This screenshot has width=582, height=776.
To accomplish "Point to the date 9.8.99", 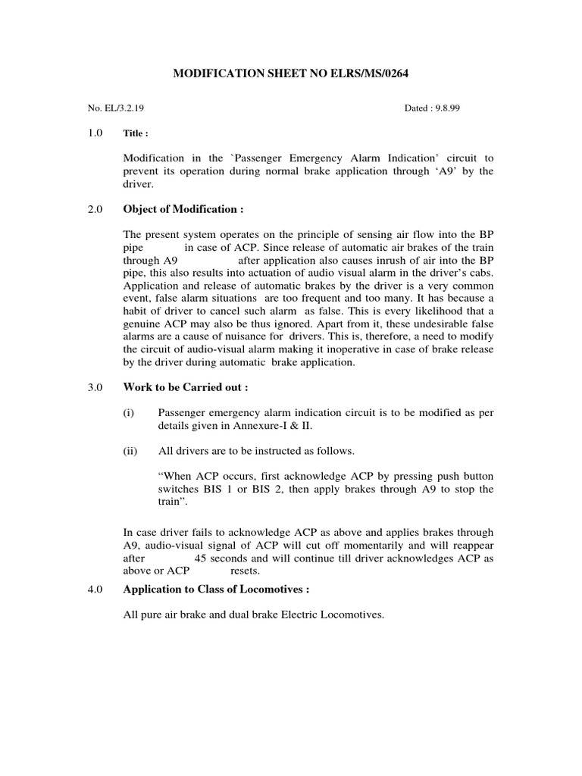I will click(x=445, y=108).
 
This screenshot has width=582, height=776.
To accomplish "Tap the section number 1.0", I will click(x=95, y=133).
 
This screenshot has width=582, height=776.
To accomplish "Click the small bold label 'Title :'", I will click(x=136, y=133).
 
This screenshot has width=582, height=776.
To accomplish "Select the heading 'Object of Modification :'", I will click(x=183, y=209).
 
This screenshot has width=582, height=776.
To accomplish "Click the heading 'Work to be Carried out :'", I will click(x=185, y=387).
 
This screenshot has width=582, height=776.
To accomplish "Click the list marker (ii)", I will click(x=130, y=451).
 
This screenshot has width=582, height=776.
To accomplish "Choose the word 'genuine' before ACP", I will click(x=144, y=324).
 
